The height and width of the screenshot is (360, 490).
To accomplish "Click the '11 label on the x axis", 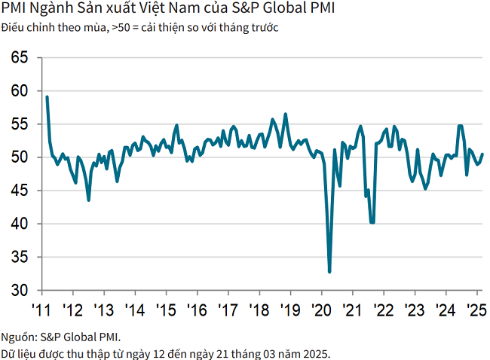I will tap(41, 310).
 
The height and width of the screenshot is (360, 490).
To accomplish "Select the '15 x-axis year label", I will tap(165, 310).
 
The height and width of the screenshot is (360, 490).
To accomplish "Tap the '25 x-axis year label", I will tap(476, 310).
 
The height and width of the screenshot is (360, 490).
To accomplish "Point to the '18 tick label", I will tap(259, 310).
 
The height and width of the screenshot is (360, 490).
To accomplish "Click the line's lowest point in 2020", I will tap(329, 272).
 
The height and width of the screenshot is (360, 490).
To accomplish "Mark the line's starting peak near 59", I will tap(47, 96).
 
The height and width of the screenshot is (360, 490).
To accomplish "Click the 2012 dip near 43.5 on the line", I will tap(89, 200).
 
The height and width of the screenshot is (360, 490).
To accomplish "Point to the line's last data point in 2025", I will tap(482, 154).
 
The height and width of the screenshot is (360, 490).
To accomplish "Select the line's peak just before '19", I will tap(285, 114).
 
